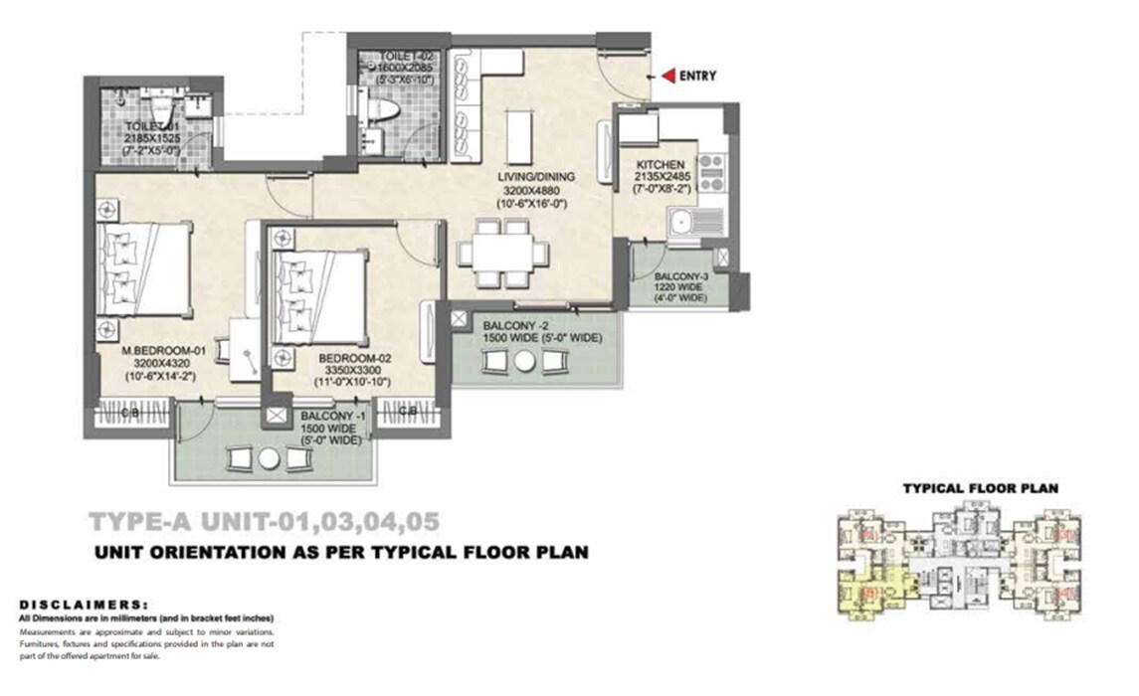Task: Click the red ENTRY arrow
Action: tap(668, 75)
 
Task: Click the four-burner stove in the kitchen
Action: tap(710, 172)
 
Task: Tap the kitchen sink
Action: tap(683, 222)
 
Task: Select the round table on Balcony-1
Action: tap(270, 458)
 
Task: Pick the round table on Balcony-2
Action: tap(523, 364)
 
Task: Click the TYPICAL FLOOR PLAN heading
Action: tap(980, 488)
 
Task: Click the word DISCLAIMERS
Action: tap(84, 604)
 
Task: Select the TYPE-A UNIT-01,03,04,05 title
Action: tap(264, 521)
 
